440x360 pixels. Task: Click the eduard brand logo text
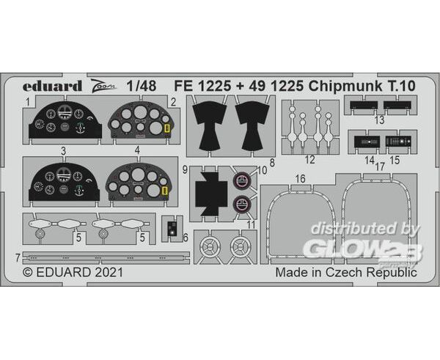pyautogui.click(x=52, y=86)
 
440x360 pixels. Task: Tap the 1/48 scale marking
pyautogui.click(x=142, y=86)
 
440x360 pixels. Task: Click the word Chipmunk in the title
pyautogui.click(x=345, y=87)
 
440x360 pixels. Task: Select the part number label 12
pyautogui.click(x=309, y=160)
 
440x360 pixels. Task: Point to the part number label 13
pyautogui.click(x=379, y=120)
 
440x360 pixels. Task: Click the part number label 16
pyautogui.click(x=300, y=179)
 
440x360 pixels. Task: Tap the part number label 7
pyautogui.click(x=18, y=258)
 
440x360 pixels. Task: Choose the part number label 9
pyautogui.click(x=185, y=169)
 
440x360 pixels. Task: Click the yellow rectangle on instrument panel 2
pyautogui.click(x=167, y=128)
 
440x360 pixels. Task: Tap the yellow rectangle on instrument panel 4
pyautogui.click(x=165, y=191)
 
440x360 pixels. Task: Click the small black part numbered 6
pyautogui.click(x=172, y=228)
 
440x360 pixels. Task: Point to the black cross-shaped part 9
pyautogui.click(x=210, y=194)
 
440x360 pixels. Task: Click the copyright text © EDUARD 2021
pyautogui.click(x=73, y=272)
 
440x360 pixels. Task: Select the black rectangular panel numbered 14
pyautogui.click(x=367, y=142)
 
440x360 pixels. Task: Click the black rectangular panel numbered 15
pyautogui.click(x=398, y=142)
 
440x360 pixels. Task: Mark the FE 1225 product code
pyautogui.click(x=202, y=87)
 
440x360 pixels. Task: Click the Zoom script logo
pyautogui.click(x=103, y=85)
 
